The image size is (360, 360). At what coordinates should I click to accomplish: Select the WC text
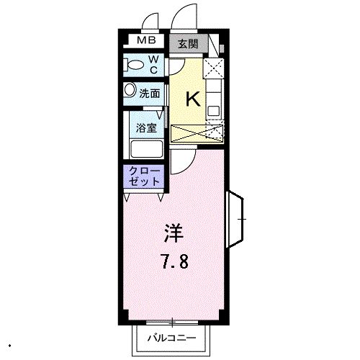[x=153, y=65]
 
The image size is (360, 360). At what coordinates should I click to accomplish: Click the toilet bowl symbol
[x=133, y=66]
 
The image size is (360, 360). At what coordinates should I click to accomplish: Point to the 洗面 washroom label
[x=149, y=93]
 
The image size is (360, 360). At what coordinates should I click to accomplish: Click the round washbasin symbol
[x=130, y=91]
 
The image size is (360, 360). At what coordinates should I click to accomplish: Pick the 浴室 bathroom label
[x=146, y=127]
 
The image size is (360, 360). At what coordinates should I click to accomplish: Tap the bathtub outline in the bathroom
[x=146, y=149]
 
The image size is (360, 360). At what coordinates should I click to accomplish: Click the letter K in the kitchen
[x=193, y=99]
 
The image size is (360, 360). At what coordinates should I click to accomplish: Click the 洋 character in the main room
[x=175, y=234]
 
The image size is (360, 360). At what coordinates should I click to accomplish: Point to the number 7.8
[x=175, y=261]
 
